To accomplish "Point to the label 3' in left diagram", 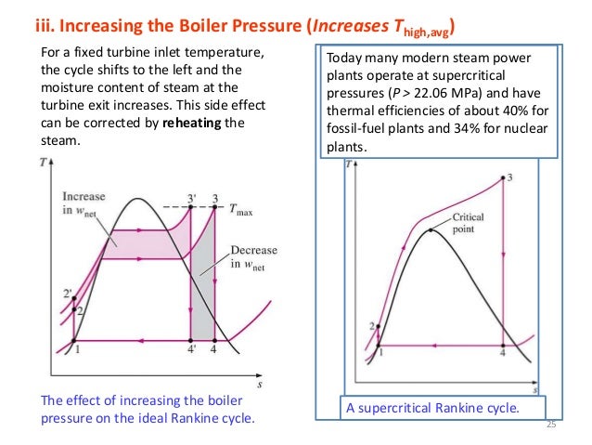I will pos(191,195).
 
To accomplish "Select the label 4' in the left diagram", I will pos(192,350).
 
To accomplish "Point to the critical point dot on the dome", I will pos(431,229).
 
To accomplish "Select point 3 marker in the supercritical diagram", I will pos(503,177).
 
